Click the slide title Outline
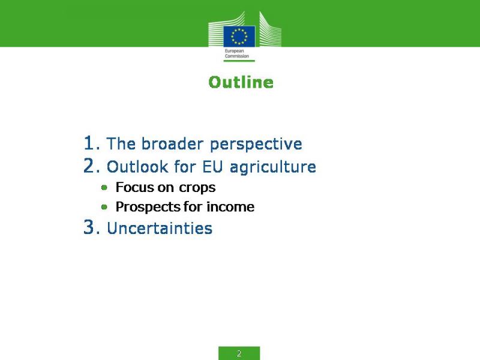tap(241, 82)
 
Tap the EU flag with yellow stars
tap(239, 37)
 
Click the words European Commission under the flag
tap(236, 53)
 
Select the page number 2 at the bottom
tap(239, 353)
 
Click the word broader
tap(172, 143)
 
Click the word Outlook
tap(137, 167)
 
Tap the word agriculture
tap(273, 167)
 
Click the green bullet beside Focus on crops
tap(104, 187)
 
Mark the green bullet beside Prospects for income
tap(104, 207)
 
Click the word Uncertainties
tap(160, 228)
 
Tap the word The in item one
tap(121, 143)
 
